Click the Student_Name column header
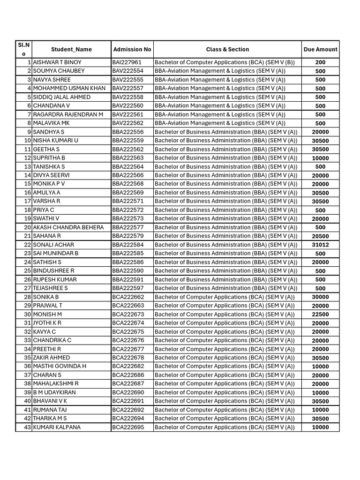point(71,49)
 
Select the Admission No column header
point(132,49)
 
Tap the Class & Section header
point(227,49)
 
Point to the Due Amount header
point(320,49)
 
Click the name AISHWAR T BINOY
point(57,62)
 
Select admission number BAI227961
point(127,62)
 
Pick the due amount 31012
point(320,245)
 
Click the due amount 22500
point(320,315)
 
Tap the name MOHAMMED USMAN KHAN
point(69,88)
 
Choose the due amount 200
point(320,62)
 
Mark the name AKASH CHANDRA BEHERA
point(68,227)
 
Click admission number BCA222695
point(128,427)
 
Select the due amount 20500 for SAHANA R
point(320,236)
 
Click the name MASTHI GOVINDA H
point(60,366)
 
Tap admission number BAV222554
point(128,71)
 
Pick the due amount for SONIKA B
point(320,297)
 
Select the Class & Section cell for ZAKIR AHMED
point(225,358)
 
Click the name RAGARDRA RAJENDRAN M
point(68,114)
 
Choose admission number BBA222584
point(128,245)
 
